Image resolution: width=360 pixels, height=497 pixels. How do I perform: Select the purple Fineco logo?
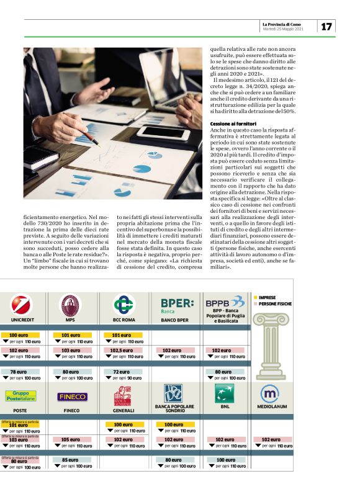pos(73,397)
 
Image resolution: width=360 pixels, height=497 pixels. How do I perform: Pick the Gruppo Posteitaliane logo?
pos(20,396)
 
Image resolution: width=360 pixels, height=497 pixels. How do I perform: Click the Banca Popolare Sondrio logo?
pos(173,393)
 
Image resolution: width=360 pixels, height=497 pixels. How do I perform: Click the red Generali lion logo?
pos(122,395)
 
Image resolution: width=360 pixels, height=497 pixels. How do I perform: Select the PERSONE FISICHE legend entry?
pos(274,304)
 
